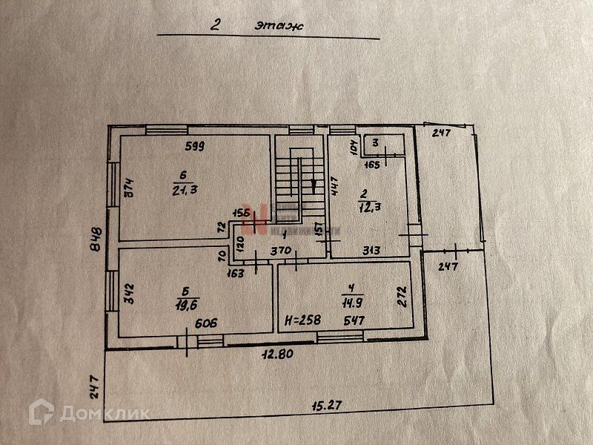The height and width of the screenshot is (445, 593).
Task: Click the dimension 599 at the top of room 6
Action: pos(195,146)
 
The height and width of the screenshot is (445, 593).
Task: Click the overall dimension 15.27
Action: pos(330,406)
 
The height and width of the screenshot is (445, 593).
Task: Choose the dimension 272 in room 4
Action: pos(401,297)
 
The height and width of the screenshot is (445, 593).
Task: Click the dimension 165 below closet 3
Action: pos(374,165)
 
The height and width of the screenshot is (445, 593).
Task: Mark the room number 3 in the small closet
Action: pos(376,142)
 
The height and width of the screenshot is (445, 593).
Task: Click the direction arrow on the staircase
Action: pos(314,185)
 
